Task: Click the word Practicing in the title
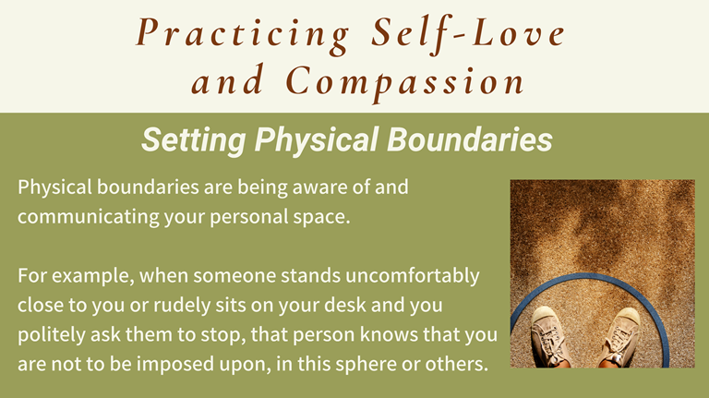click(x=243, y=33)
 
